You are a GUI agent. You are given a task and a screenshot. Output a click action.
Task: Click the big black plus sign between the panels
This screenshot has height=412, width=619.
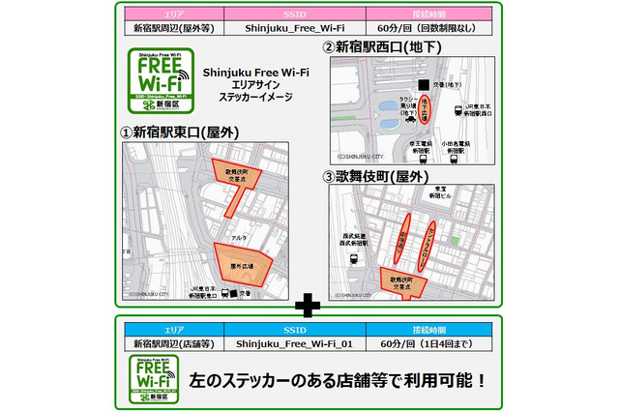point(309,307)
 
